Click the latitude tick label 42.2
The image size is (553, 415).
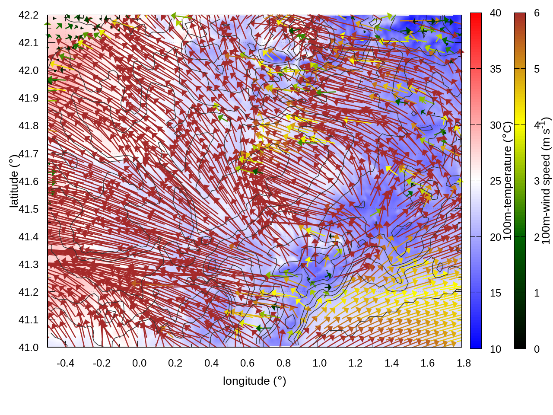point(29,15)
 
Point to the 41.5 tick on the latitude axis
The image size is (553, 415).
point(29,209)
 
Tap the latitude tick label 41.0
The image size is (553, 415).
point(29,348)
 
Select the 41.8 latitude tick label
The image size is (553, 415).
point(29,126)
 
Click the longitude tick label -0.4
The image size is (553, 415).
point(65,363)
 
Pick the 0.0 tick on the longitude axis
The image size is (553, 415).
point(139,363)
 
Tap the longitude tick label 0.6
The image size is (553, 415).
point(248,363)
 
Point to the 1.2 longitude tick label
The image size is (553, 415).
point(356,363)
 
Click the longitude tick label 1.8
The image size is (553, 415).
point(464,363)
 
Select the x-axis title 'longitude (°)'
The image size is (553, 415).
point(254,381)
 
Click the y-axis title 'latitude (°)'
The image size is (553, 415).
point(14,181)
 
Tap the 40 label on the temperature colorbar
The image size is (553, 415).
point(496,13)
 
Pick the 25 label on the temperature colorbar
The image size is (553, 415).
point(496,181)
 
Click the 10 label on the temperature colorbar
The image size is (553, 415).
point(496,349)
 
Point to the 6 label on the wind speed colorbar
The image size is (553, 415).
point(537,13)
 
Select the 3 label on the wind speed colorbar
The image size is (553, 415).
point(537,181)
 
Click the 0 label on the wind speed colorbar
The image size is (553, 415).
point(537,349)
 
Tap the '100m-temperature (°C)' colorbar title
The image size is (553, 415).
point(508,181)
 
